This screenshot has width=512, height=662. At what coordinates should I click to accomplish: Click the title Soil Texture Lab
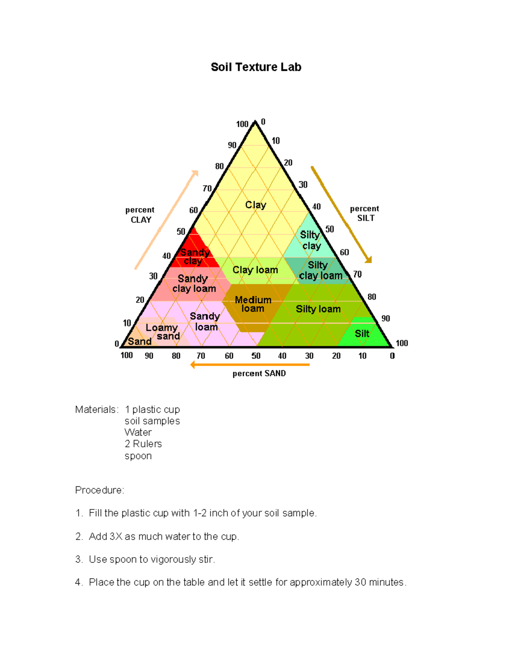256,67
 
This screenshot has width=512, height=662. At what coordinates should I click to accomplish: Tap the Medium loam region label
253,304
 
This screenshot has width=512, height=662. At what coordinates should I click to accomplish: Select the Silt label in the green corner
362,334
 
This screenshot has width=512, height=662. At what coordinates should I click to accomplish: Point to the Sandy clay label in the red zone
194,257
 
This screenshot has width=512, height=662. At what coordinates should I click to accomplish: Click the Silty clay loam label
320,270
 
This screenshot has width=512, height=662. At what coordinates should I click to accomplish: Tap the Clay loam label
255,270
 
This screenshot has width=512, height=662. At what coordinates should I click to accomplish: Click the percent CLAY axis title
140,215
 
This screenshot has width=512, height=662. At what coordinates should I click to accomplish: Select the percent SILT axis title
365,213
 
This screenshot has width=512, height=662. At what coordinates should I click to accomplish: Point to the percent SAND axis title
259,373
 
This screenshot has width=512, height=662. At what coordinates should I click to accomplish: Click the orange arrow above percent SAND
250,364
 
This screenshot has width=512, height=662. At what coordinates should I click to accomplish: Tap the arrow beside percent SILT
341,215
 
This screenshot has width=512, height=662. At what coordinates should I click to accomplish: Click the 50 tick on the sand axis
256,356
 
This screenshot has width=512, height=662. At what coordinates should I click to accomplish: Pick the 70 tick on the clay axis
207,188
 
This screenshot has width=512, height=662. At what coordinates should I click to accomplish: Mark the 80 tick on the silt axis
372,297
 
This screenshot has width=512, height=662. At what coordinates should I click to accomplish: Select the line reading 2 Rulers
143,444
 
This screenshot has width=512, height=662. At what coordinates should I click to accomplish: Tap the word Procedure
99,490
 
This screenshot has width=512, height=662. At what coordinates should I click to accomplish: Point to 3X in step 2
116,537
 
